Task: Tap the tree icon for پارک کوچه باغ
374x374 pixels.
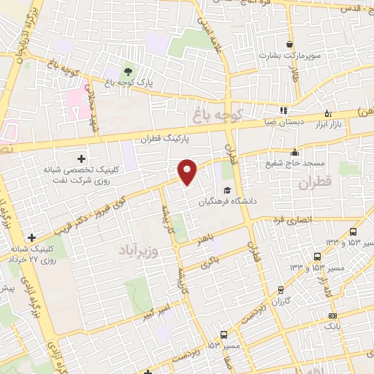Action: click(129, 71)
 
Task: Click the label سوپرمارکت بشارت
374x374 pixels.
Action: click(291, 56)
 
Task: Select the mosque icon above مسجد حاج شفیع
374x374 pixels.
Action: click(295, 152)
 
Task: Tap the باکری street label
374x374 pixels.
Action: click(209, 264)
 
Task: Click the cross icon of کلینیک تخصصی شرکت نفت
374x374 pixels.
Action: click(80, 158)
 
